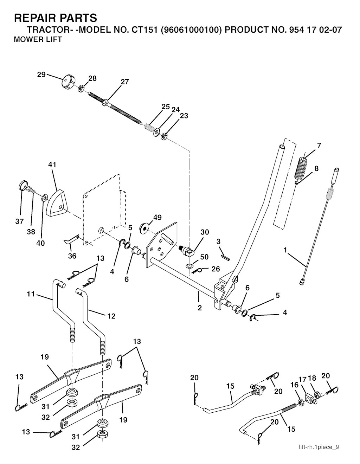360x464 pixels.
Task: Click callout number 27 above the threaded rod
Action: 125,82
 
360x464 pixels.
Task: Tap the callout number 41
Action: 52,165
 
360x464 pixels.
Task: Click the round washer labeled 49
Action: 144,228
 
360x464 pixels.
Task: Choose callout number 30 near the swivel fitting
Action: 205,232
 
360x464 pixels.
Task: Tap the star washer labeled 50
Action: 189,265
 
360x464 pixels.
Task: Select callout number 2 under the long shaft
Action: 200,308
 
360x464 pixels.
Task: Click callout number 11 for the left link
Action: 31,294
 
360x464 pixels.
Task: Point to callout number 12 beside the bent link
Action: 111,316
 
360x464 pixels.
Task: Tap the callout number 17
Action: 303,379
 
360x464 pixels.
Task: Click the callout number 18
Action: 312,378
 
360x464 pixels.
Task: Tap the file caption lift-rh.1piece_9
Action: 319,447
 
